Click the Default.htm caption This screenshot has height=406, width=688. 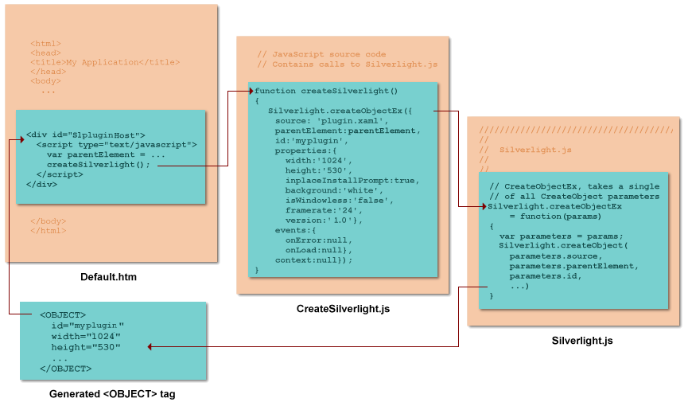(x=108, y=277)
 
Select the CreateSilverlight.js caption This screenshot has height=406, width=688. (x=343, y=308)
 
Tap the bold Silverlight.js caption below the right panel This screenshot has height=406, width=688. (x=582, y=341)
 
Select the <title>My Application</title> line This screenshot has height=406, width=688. (x=105, y=62)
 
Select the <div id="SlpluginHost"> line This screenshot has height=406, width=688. (x=85, y=135)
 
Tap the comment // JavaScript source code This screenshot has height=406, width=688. (x=322, y=54)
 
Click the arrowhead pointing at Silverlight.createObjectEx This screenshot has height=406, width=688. (x=483, y=206)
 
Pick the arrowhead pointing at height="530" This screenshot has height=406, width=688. (x=150, y=347)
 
